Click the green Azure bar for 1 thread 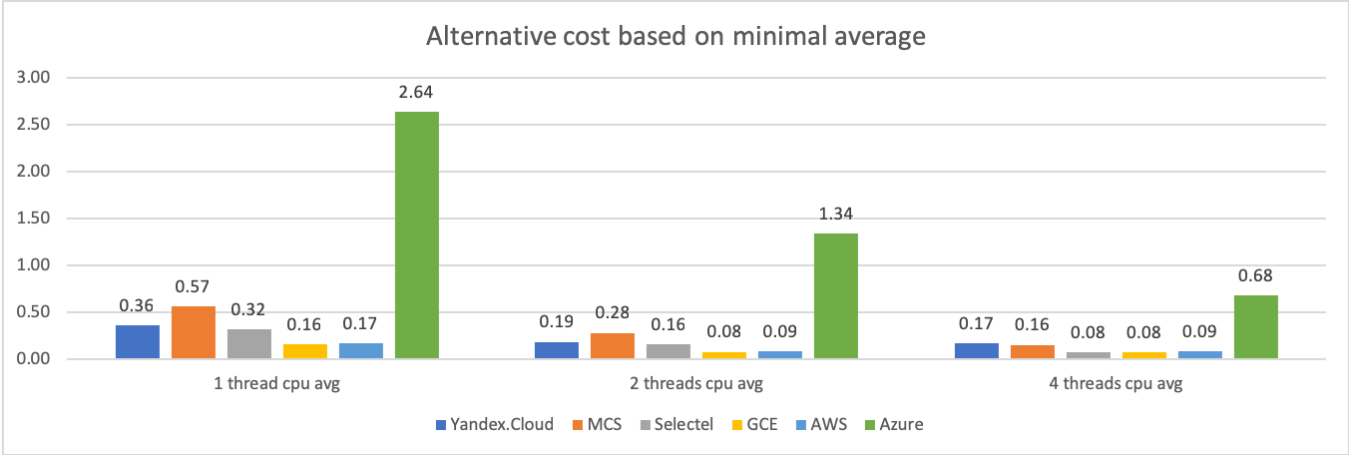pos(417,235)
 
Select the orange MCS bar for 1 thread pos(194,332)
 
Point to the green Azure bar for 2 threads pos(836,296)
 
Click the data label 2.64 pos(417,93)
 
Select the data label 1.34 pos(836,215)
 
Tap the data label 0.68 pos(1255,276)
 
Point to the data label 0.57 pos(194,287)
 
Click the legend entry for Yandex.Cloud pos(491,424)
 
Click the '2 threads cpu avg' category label pos(695,385)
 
